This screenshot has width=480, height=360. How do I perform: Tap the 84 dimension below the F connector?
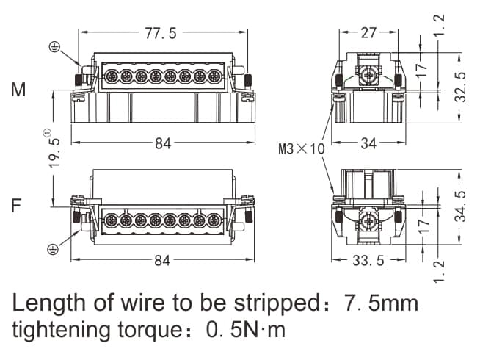(x=162, y=261)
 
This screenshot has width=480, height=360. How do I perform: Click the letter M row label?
(x=18, y=91)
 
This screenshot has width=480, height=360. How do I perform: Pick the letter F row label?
(x=16, y=206)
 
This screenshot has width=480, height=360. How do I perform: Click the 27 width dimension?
(x=368, y=32)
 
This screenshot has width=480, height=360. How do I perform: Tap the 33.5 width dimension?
(x=368, y=261)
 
